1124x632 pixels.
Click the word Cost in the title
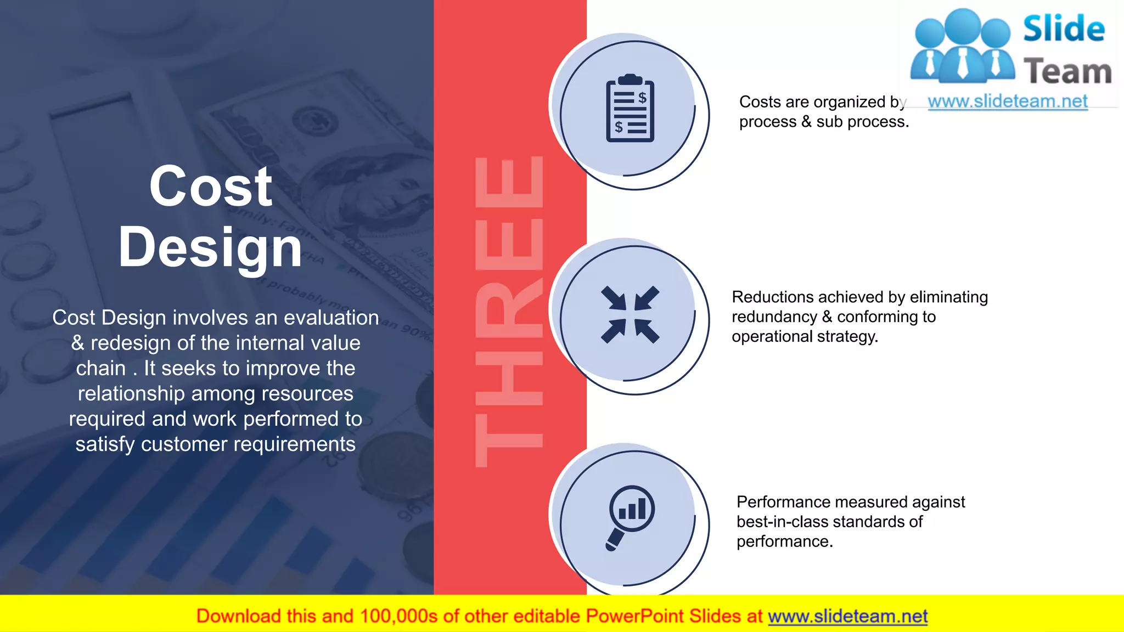click(211, 187)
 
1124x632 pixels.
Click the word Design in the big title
click(211, 248)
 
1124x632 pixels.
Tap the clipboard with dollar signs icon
click(630, 109)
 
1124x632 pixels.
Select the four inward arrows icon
click(630, 314)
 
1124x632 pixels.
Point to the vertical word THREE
click(509, 312)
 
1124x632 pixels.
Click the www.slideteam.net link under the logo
click(1007, 101)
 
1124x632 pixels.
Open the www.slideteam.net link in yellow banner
click(847, 616)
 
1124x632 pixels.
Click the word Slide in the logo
click(1064, 29)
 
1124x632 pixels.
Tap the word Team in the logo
click(1067, 72)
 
